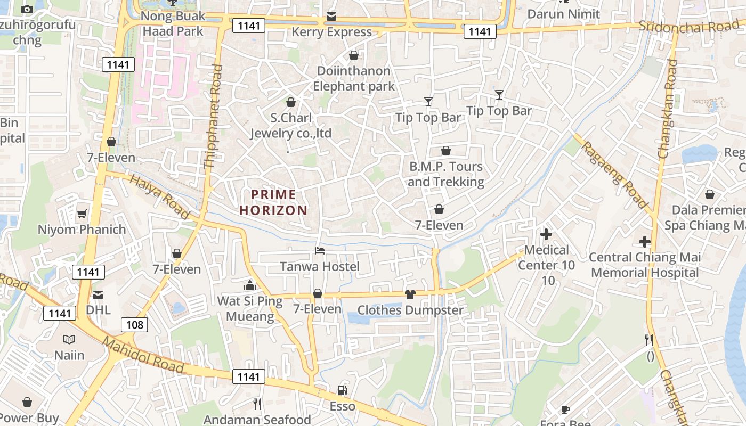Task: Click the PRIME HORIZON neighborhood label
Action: click(273, 202)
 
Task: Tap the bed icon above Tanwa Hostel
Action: click(320, 250)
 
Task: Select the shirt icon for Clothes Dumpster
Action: click(410, 294)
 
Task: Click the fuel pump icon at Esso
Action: click(343, 390)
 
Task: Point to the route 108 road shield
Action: click(134, 324)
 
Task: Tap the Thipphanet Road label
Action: click(214, 117)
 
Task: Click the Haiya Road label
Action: click(159, 198)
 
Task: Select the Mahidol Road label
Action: click(144, 355)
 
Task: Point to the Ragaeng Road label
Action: click(614, 174)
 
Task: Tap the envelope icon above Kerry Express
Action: click(331, 17)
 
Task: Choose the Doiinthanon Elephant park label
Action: click(354, 78)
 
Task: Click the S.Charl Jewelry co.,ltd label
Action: click(291, 126)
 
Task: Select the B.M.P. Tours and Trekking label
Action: click(446, 174)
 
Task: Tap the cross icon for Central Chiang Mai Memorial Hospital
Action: click(645, 242)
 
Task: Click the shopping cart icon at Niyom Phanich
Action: click(82, 214)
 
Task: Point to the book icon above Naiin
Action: click(69, 339)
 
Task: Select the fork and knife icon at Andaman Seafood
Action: click(257, 404)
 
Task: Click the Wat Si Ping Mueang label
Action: click(250, 308)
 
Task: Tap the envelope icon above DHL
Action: click(98, 294)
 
